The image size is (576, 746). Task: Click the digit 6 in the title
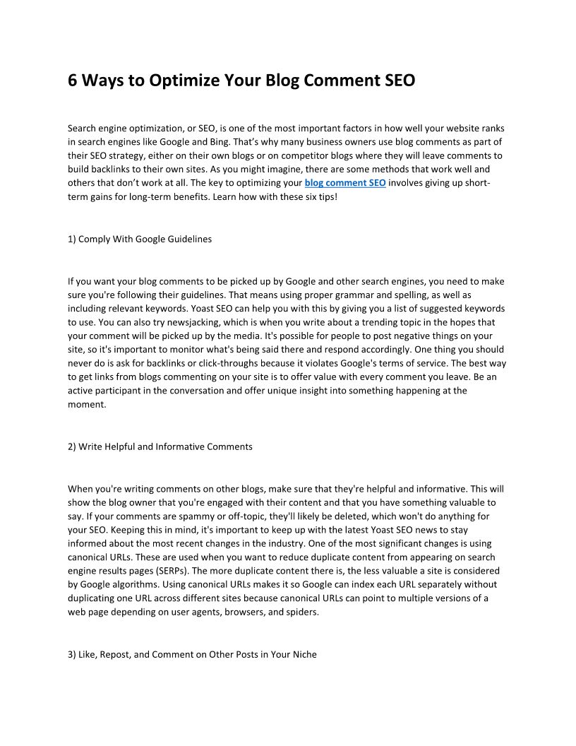73,81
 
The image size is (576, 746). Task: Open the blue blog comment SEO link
344,183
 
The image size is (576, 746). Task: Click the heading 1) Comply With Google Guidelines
140,239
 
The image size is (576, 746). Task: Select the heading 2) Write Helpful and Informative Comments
160,446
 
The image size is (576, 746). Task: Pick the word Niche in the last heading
304,654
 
